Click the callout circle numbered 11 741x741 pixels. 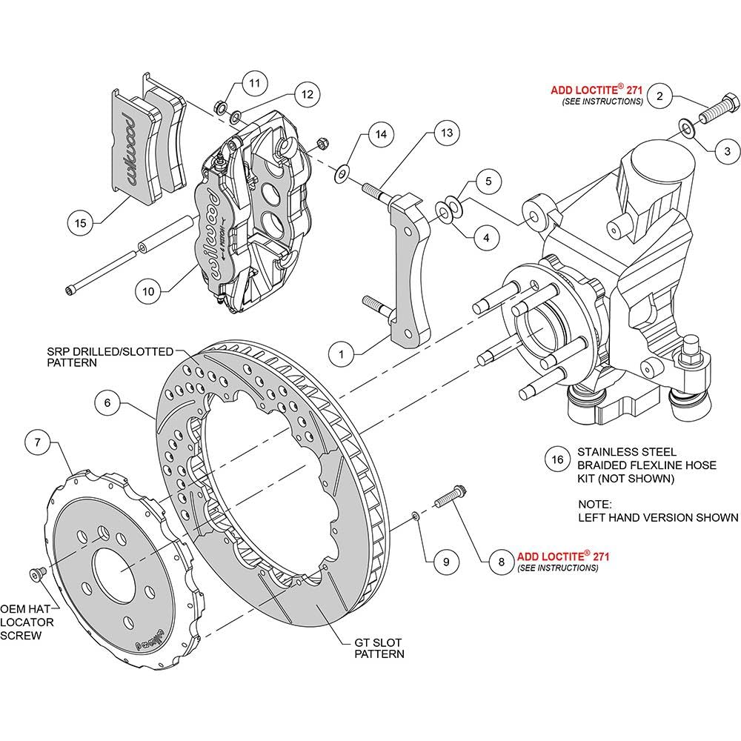click(x=255, y=83)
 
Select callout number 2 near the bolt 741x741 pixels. click(x=659, y=96)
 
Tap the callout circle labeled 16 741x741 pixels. click(x=557, y=459)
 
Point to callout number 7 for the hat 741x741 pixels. click(x=37, y=443)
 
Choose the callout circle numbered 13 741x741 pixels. click(x=447, y=133)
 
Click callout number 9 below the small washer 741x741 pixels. click(x=446, y=562)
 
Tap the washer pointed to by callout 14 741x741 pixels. click(x=341, y=174)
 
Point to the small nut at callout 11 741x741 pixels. click(x=220, y=107)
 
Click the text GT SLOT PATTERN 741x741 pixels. click(x=379, y=648)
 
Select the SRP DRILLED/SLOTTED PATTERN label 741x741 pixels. click(x=110, y=357)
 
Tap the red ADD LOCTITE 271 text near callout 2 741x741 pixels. click(x=597, y=90)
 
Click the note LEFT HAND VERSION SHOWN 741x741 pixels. click(x=658, y=517)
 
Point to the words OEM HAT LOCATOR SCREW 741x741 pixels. click(x=27, y=622)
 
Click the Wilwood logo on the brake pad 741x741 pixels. click(x=129, y=149)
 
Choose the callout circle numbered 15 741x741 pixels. click(x=80, y=223)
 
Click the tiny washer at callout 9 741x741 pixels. click(x=416, y=516)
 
